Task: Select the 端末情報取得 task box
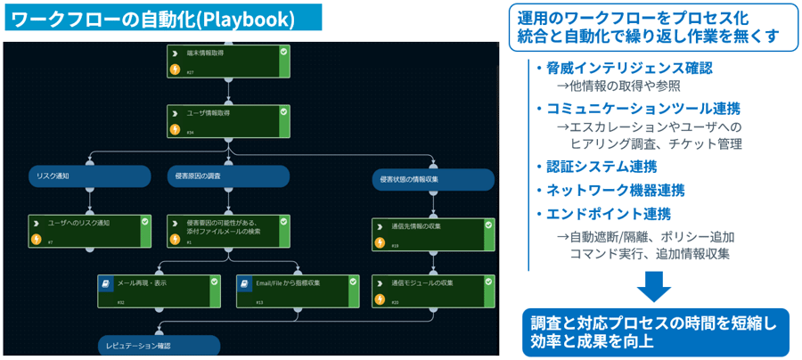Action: click(228, 61)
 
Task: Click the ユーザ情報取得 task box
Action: click(228, 121)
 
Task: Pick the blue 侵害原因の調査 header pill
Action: click(228, 176)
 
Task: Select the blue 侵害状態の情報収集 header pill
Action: click(433, 179)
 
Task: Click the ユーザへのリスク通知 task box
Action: click(89, 231)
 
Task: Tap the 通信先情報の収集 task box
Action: click(433, 234)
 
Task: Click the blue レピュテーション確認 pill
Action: click(159, 346)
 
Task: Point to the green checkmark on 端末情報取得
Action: click(283, 53)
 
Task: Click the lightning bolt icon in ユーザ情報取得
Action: click(176, 129)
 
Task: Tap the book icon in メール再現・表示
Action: click(106, 283)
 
